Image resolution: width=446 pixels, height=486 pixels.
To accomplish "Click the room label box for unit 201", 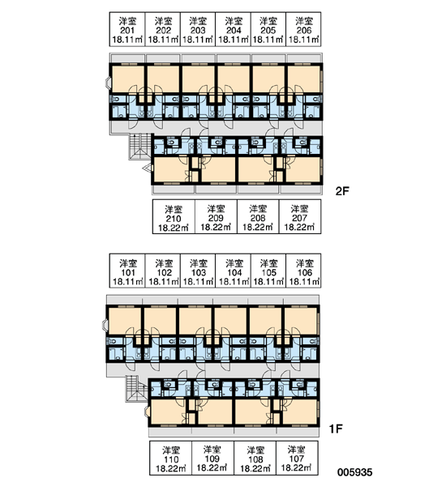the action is point(127,29).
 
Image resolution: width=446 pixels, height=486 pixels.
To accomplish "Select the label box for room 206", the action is point(303,29).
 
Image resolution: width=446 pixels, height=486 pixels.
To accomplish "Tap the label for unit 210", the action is point(174,216).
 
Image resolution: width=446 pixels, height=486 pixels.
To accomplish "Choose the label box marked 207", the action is point(300,216).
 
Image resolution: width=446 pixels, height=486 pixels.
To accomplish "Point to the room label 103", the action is point(198,271).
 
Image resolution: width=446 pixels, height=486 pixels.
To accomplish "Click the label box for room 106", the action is point(303,271).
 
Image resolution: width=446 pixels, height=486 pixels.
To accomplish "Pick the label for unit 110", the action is point(171,458).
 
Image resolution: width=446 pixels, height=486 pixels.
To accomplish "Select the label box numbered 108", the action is point(255,458).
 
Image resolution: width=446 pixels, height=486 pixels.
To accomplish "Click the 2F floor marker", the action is point(342,191).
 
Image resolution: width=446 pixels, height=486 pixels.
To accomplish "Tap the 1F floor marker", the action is point(336,428).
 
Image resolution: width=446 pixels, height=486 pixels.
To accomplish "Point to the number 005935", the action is point(354,472).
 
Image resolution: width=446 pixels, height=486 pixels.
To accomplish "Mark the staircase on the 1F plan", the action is point(136,389).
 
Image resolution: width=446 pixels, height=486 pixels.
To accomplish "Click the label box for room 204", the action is point(233,29).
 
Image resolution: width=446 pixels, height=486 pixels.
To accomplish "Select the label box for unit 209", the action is point(216,216).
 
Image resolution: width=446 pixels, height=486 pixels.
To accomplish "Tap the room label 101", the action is point(127,271).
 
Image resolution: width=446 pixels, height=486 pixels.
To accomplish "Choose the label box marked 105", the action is point(268,271).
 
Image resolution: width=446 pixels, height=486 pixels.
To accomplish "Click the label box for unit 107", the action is point(297,458).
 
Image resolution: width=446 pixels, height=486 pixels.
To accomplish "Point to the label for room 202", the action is point(163,29).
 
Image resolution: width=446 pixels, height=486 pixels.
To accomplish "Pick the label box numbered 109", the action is point(213,458).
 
